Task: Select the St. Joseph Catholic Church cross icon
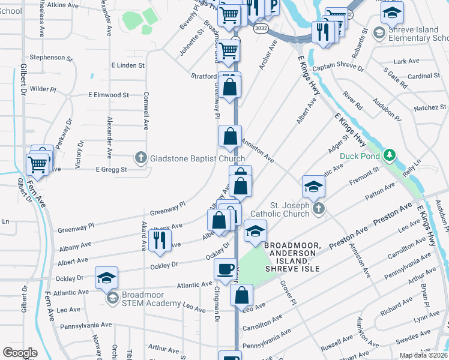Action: tap(319, 208)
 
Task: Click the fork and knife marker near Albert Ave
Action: tap(159, 240)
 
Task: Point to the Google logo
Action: tap(20, 353)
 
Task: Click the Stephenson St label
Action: tap(51, 58)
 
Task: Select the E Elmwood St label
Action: tap(109, 95)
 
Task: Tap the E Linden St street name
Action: tap(128, 65)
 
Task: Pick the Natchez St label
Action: tap(430, 109)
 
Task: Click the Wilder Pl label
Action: tap(43, 89)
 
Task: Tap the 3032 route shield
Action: tap(261, 28)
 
